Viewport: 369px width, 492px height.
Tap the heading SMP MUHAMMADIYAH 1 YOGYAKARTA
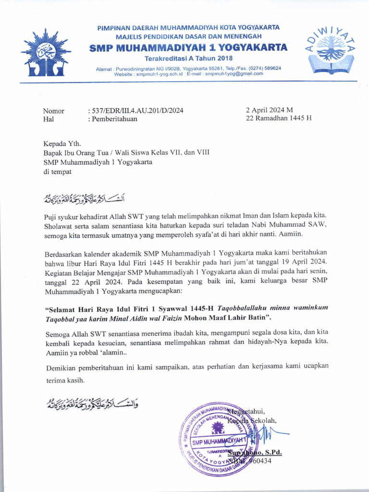(189, 47)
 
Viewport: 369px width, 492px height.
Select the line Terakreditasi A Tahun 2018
(188, 58)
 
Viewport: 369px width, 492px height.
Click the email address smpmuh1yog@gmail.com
(232, 74)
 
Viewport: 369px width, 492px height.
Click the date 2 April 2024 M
(269, 110)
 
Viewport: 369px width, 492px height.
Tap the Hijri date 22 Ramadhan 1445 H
(278, 118)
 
